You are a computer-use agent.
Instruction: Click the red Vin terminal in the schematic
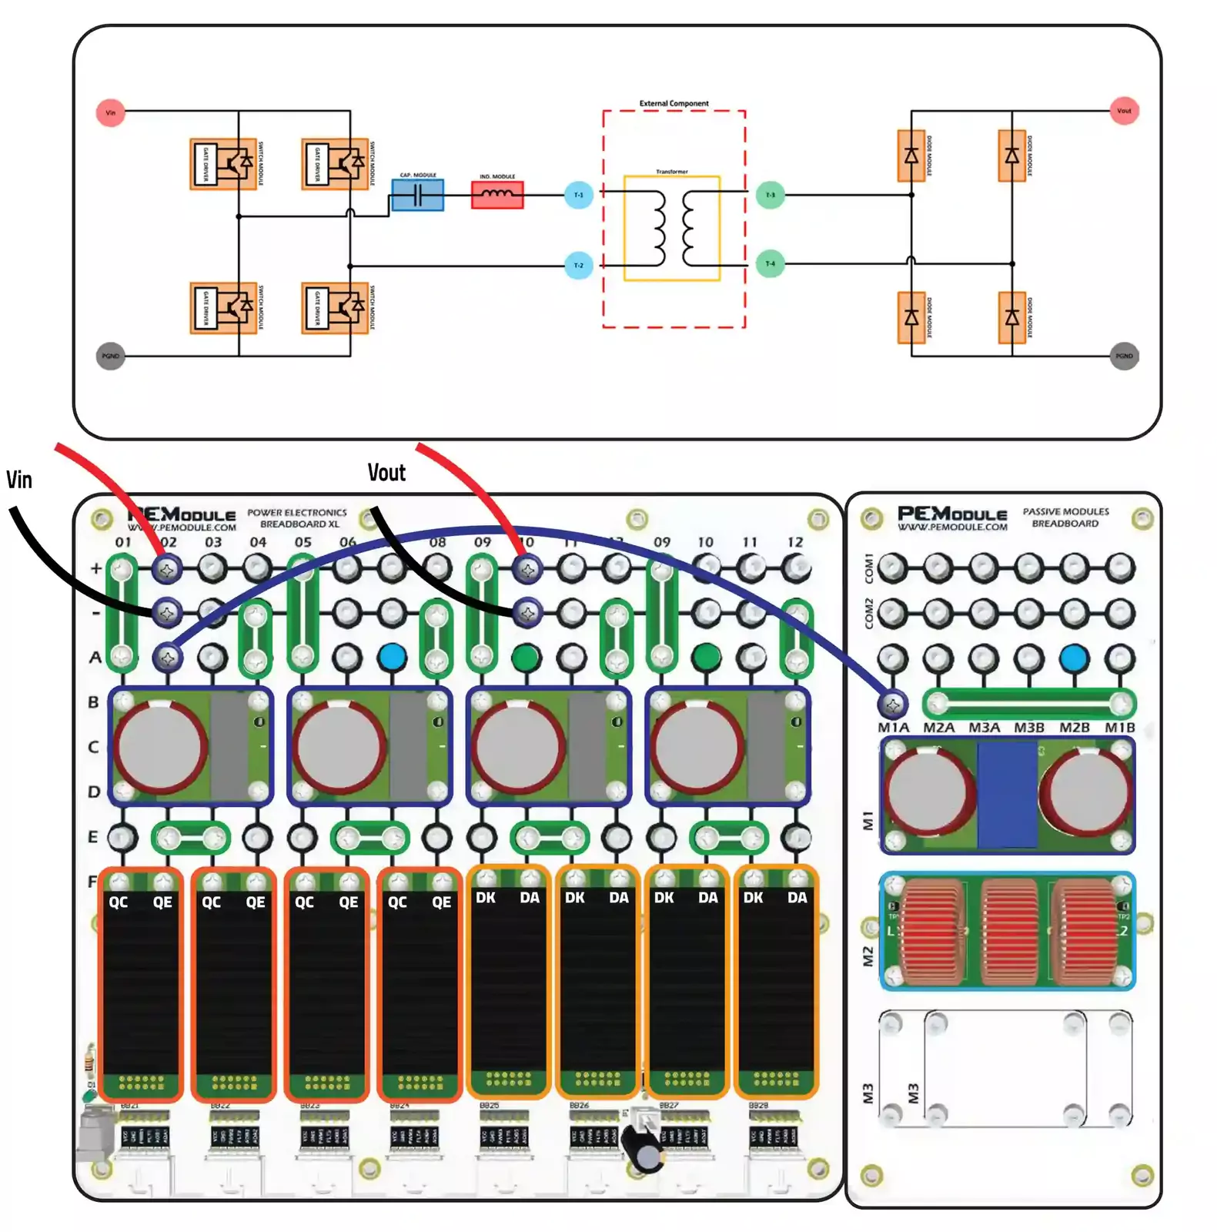[x=110, y=112]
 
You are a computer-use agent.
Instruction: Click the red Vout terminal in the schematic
[x=1124, y=111]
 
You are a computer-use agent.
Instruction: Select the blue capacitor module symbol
[x=417, y=196]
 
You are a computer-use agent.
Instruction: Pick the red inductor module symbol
[x=497, y=195]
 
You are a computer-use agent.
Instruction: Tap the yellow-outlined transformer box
[x=671, y=228]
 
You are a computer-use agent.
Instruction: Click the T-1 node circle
[x=578, y=195]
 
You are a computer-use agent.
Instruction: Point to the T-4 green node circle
[x=770, y=264]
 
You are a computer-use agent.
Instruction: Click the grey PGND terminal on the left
[x=110, y=356]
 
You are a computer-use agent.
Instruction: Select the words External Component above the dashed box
[x=674, y=103]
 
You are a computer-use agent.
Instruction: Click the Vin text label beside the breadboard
[x=19, y=480]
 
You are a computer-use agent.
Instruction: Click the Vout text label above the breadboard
[x=386, y=473]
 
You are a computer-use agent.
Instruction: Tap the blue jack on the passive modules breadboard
[x=1074, y=659]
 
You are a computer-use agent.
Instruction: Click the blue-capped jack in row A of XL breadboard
[x=392, y=657]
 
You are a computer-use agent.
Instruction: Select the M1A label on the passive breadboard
[x=893, y=728]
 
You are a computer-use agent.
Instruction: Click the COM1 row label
[x=869, y=567]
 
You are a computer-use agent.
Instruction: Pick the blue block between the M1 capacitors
[x=1007, y=795]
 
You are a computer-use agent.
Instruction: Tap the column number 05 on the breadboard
[x=303, y=542]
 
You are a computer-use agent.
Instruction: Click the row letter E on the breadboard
[x=93, y=837]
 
